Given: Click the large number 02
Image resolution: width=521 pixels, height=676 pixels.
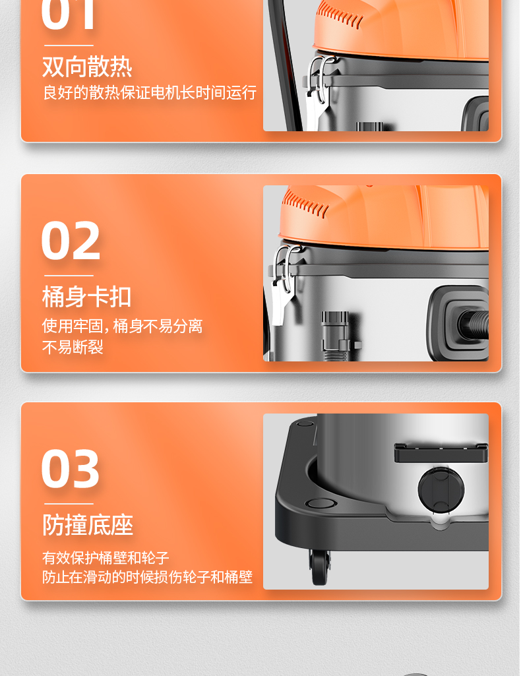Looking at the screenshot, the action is point(71,240).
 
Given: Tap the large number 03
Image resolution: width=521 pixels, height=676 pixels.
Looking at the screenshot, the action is point(71,469).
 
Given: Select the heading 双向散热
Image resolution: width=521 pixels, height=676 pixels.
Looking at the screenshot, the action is point(87,67).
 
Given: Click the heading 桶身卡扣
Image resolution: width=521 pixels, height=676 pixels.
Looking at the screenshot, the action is point(86,297).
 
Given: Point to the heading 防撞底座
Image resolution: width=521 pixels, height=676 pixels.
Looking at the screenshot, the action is point(88,525).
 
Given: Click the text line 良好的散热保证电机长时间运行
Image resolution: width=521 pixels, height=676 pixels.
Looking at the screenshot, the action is point(150,93).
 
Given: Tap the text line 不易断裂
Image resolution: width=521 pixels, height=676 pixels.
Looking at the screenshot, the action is point(73,347).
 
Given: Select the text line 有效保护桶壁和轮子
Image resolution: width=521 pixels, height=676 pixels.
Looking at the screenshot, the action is point(106,557).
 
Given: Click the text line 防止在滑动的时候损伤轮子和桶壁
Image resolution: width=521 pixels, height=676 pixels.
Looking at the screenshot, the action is point(147,577).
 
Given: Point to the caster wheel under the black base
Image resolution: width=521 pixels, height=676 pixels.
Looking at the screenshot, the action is point(319,567).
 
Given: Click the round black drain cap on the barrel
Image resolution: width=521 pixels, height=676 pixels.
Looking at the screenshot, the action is point(441,489).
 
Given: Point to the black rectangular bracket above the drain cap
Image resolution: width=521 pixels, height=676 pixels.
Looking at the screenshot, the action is point(441,452).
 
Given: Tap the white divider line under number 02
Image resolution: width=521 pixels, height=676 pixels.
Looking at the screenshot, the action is point(69,276).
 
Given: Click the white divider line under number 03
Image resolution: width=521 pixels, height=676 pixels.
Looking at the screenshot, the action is point(69,504).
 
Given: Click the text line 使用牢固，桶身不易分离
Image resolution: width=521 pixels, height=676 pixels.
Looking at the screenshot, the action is point(122,326).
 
